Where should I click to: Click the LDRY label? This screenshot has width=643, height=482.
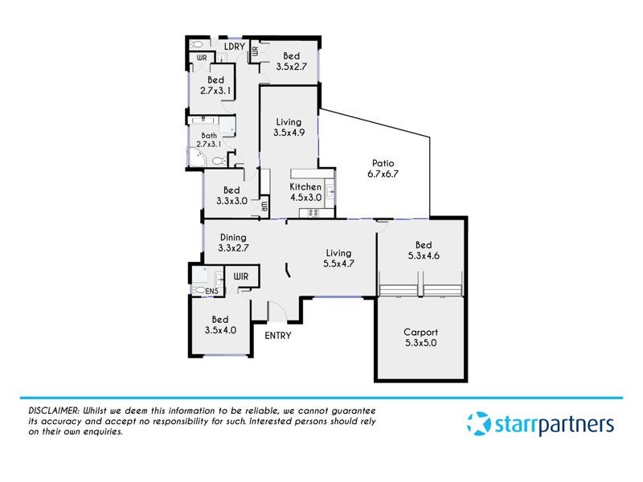(x=234, y=46)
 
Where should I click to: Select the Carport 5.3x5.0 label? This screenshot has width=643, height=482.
(x=421, y=337)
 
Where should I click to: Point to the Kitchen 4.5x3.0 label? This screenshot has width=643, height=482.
(x=305, y=191)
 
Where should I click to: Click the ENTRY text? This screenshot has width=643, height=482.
(x=277, y=335)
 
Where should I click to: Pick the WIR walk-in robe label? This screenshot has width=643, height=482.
(x=241, y=276)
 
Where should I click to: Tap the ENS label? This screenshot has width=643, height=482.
(x=213, y=291)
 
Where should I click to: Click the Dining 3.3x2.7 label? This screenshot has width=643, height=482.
(x=233, y=243)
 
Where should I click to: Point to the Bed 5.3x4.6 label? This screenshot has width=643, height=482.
(x=424, y=250)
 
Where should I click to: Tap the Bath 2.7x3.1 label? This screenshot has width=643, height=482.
(x=209, y=141)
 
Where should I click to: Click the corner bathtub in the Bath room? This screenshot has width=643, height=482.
(x=196, y=158)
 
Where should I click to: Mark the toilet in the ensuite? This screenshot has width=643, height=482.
(x=199, y=291)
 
